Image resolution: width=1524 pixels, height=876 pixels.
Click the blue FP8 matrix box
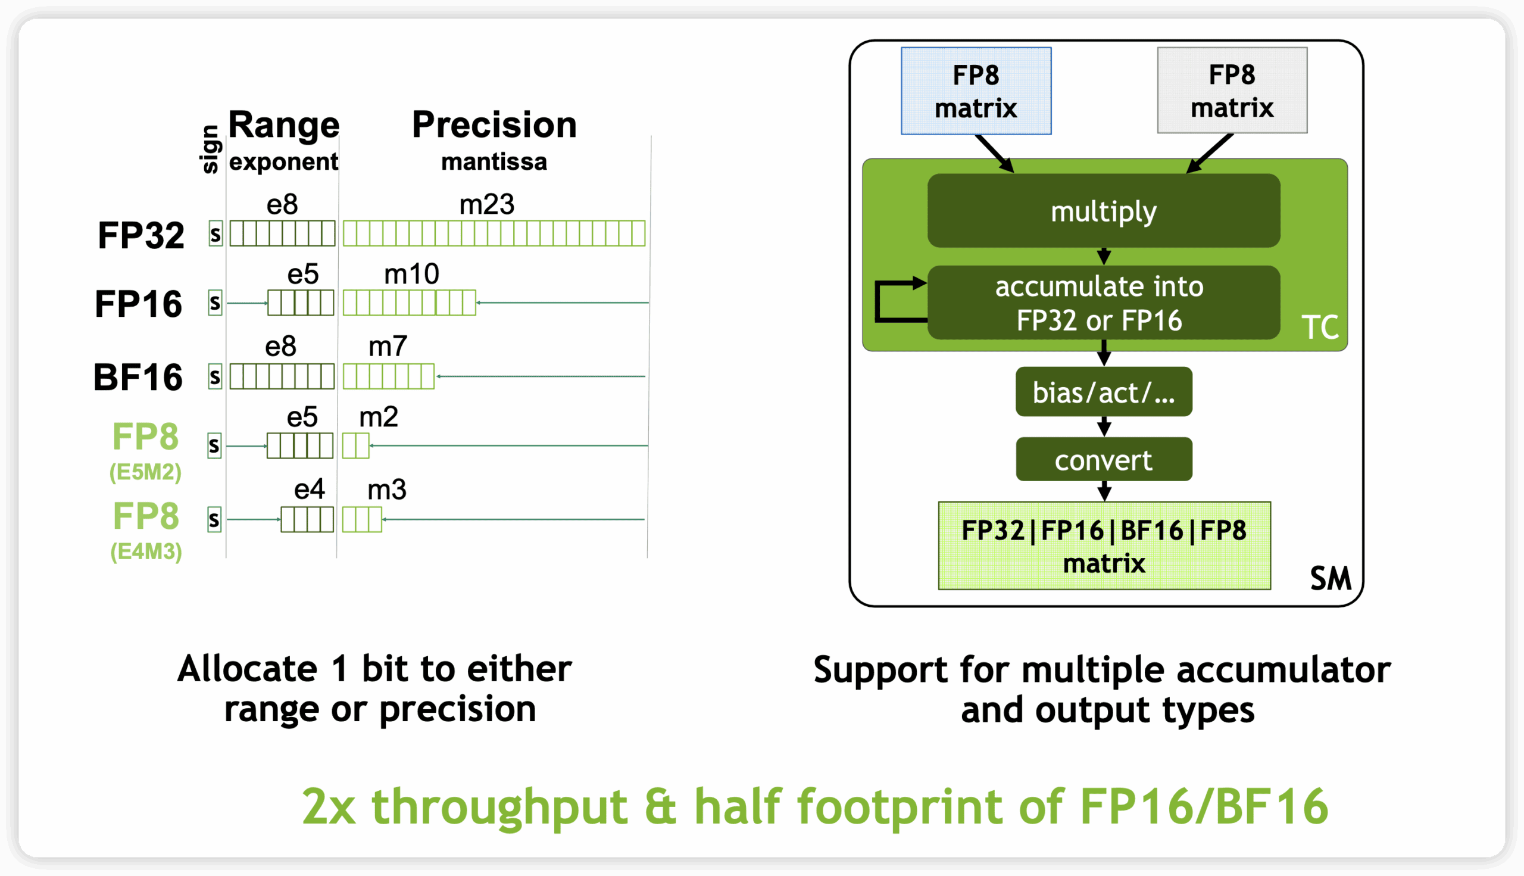tap(976, 91)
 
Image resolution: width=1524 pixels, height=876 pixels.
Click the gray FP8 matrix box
tap(1232, 91)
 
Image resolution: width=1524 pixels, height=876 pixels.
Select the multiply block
tap(1103, 211)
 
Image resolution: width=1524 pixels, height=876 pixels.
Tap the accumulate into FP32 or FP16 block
tap(1103, 303)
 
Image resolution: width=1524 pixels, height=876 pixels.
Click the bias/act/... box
tap(1104, 392)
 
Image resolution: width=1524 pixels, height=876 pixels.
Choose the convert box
tap(1104, 459)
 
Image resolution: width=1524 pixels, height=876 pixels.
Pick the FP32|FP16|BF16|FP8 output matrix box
tap(1104, 545)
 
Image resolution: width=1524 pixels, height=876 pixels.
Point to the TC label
tap(1320, 328)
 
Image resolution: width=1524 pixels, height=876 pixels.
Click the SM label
tap(1331, 579)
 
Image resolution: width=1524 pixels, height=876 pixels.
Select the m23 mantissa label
tap(486, 205)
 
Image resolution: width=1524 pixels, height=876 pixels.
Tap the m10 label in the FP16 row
tap(411, 275)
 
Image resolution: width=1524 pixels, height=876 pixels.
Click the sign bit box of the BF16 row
tap(215, 376)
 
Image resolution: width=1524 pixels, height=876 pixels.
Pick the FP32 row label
tap(140, 235)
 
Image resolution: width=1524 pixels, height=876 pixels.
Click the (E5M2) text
tap(145, 472)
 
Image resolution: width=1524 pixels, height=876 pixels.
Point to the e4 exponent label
tap(309, 489)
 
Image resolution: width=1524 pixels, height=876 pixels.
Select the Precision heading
tap(494, 125)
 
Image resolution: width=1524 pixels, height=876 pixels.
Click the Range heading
tap(284, 125)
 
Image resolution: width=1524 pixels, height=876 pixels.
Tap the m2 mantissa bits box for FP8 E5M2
tap(356, 446)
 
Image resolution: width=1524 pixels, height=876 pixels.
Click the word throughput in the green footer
tap(500, 808)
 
